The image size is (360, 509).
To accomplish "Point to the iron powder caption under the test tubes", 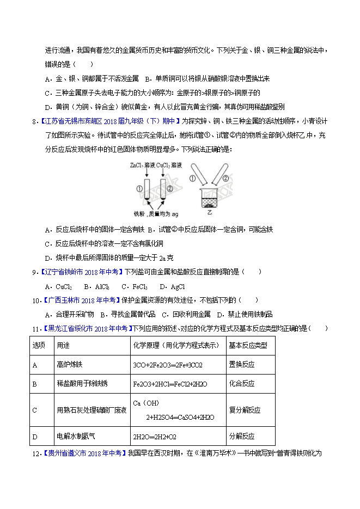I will coord(152,214).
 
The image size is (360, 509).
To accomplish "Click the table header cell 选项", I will coord(39,345).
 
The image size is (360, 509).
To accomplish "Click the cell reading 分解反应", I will coord(241,436).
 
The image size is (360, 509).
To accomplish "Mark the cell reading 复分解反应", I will coord(245,409).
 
